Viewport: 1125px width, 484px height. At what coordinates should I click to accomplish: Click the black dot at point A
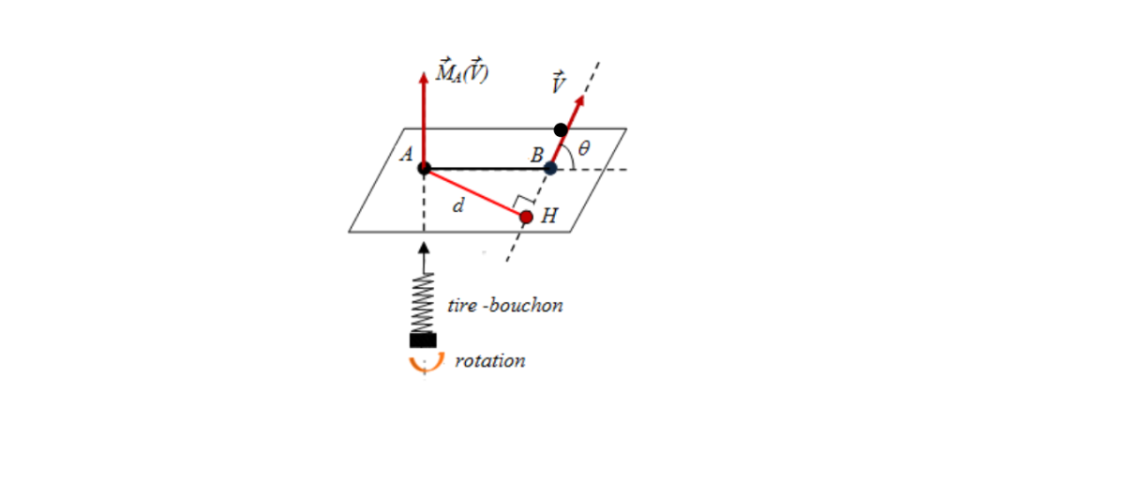pos(425,169)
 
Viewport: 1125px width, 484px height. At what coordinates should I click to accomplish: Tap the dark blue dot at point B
pos(550,169)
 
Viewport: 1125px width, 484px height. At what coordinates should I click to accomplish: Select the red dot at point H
pos(526,217)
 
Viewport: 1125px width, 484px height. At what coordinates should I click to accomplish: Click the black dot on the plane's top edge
pos(561,130)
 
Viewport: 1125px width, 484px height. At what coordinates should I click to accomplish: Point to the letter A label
pos(406,154)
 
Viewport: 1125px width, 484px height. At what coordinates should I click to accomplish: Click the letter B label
pos(537,155)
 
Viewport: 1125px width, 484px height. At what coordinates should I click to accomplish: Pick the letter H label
pos(549,216)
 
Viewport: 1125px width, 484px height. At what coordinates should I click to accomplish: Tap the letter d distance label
pos(458,205)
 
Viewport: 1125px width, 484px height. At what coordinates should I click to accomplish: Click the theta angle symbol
pos(583,148)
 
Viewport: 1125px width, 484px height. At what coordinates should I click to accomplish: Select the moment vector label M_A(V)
pos(462,71)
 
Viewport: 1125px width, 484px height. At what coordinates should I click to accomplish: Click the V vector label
pos(559,83)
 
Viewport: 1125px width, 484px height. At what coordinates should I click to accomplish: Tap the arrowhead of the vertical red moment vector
pos(424,77)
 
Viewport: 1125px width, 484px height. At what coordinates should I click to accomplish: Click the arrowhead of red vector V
pos(579,99)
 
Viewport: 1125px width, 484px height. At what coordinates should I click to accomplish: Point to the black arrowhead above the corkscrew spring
pos(424,248)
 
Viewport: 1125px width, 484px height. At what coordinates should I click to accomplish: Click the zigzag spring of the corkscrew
pos(423,303)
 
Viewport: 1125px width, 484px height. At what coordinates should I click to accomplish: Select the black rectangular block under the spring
pos(423,340)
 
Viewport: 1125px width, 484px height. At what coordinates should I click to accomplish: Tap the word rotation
pos(490,361)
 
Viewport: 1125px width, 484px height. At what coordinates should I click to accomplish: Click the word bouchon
pos(526,305)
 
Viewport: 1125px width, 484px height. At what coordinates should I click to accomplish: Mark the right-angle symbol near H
pos(523,199)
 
